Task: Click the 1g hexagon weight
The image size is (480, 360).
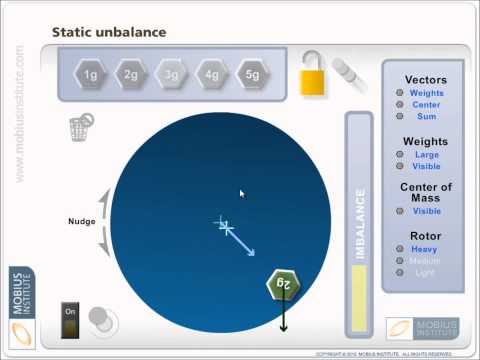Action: tap(91, 74)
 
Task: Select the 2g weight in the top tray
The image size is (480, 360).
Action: tap(131, 74)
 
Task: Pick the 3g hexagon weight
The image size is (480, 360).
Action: tap(171, 74)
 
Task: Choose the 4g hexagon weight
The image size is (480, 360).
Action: tap(211, 74)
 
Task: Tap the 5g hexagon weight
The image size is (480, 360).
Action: tap(250, 74)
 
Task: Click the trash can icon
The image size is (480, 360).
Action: tap(79, 128)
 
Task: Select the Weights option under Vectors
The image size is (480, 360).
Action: tap(427, 93)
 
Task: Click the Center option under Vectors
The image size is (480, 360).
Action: tap(427, 105)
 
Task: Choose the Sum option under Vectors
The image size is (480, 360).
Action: tap(427, 117)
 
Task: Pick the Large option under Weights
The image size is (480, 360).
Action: tap(427, 155)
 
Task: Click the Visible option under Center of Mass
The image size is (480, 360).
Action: tap(427, 211)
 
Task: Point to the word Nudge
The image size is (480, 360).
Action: tap(82, 221)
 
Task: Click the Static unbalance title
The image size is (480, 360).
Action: tap(108, 33)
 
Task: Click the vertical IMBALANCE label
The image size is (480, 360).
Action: tap(361, 224)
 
